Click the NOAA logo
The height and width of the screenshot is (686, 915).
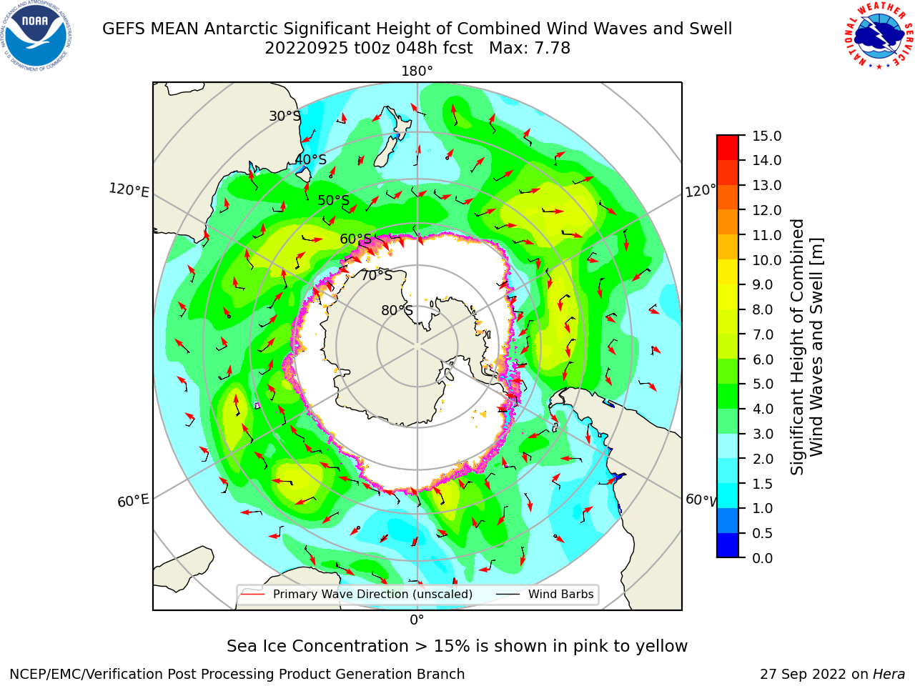click(36, 36)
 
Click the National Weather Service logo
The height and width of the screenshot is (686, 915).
click(879, 36)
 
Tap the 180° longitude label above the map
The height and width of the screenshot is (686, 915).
click(417, 71)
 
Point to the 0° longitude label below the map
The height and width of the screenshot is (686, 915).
click(417, 620)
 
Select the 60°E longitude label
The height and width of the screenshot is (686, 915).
click(133, 500)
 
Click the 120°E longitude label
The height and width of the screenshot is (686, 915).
click(129, 190)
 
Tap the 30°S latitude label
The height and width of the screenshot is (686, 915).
click(285, 116)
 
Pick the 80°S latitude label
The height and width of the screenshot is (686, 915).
click(397, 310)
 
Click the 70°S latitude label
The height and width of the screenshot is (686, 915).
click(377, 275)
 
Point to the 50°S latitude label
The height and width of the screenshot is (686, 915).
click(334, 200)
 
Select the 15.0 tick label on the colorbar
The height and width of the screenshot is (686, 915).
click(766, 136)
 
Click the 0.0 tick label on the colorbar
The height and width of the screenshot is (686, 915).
click(763, 558)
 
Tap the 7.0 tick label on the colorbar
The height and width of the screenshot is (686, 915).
click(763, 334)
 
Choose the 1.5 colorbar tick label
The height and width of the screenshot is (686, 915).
click(763, 484)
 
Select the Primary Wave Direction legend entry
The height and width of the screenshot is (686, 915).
click(357, 594)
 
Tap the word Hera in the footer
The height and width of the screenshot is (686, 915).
click(889, 674)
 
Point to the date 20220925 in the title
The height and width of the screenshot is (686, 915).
click(306, 49)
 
